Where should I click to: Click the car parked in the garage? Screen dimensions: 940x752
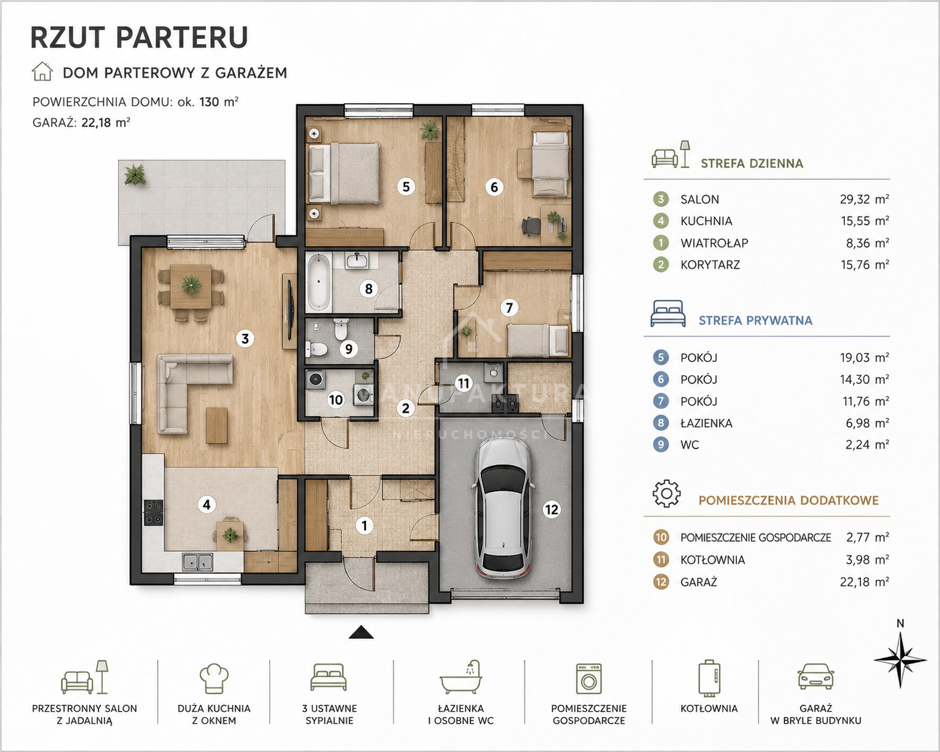504,509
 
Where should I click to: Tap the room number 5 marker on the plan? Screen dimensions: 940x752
406,187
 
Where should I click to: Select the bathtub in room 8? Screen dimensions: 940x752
318,283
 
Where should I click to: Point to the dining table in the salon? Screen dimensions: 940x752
191,286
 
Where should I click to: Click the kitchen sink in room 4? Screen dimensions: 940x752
198,562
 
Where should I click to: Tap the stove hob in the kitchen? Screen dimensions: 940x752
154,512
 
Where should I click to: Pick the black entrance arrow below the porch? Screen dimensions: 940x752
361,632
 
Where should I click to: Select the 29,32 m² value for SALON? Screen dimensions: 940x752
864,200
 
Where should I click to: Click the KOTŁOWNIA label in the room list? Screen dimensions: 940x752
713,560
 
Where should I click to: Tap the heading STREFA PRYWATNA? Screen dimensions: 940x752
755,320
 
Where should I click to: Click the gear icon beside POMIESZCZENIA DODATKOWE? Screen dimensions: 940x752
666,493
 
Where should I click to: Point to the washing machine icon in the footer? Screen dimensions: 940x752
589,679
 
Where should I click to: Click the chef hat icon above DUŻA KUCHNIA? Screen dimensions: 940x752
214,678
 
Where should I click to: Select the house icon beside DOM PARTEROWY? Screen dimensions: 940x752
42,72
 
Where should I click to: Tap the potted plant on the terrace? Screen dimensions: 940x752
135,175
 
